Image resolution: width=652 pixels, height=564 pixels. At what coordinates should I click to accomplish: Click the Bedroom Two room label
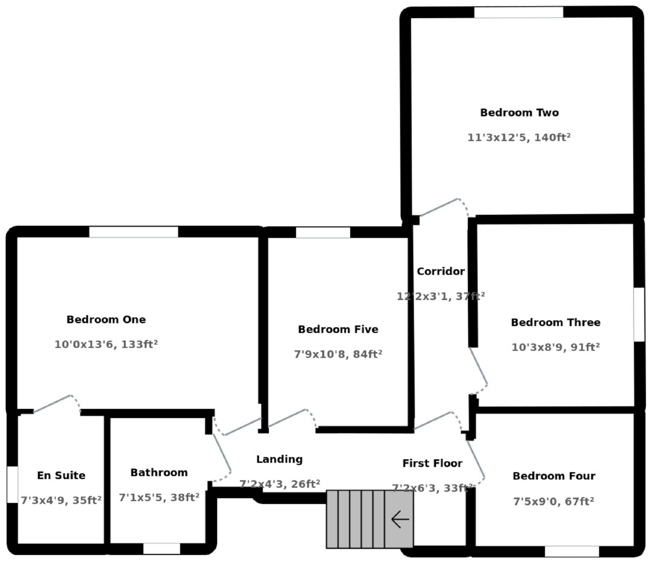click(519, 112)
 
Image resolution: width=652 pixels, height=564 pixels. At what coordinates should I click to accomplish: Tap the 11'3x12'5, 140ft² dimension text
click(519, 137)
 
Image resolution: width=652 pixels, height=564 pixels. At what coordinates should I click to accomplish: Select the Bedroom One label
click(106, 319)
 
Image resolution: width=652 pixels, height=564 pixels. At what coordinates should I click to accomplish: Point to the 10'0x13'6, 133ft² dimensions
click(106, 344)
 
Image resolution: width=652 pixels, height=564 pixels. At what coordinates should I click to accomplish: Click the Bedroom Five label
click(338, 329)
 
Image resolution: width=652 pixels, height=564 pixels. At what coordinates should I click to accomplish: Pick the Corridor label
click(441, 271)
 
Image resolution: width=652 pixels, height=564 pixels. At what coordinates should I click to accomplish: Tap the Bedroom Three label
click(556, 322)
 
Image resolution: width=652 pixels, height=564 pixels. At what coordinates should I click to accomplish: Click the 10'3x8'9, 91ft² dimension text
click(556, 347)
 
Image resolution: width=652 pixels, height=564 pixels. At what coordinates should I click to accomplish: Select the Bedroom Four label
click(554, 476)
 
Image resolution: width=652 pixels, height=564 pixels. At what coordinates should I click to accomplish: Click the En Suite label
click(61, 475)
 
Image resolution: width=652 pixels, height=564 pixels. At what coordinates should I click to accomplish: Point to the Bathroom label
click(159, 472)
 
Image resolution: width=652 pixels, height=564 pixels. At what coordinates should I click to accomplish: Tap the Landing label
click(279, 459)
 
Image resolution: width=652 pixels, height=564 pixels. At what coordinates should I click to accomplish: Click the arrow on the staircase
click(400, 519)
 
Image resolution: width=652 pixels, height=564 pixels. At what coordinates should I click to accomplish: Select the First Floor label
click(432, 463)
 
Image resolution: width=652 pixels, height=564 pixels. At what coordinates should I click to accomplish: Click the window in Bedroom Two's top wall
click(519, 12)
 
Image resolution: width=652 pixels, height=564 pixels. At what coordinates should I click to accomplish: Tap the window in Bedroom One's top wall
click(133, 232)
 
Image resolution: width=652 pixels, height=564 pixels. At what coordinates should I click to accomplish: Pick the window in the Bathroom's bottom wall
click(162, 548)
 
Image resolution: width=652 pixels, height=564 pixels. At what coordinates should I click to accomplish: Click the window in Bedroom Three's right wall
click(639, 315)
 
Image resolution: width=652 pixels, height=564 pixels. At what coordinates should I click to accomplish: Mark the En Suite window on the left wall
click(13, 484)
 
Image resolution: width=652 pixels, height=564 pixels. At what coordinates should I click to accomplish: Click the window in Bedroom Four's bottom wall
click(572, 551)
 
